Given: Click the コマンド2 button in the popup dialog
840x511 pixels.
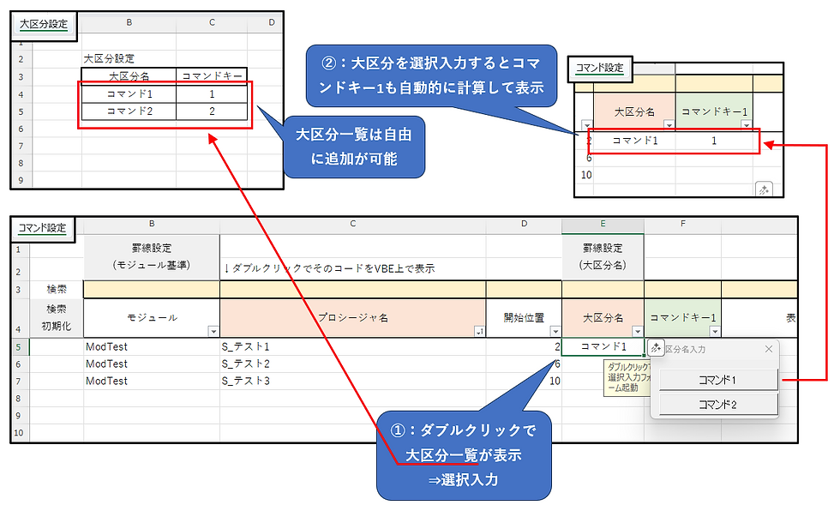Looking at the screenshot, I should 717,405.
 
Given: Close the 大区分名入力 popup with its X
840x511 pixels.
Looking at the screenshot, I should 769,349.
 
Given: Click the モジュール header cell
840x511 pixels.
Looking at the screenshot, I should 151,318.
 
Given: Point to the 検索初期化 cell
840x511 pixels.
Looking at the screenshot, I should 56,317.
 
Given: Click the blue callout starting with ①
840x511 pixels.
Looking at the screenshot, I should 463,454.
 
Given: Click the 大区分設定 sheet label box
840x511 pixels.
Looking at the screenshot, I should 44,25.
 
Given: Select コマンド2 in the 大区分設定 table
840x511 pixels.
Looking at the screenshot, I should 129,111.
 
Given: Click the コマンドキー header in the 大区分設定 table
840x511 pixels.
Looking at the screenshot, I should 211,76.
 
